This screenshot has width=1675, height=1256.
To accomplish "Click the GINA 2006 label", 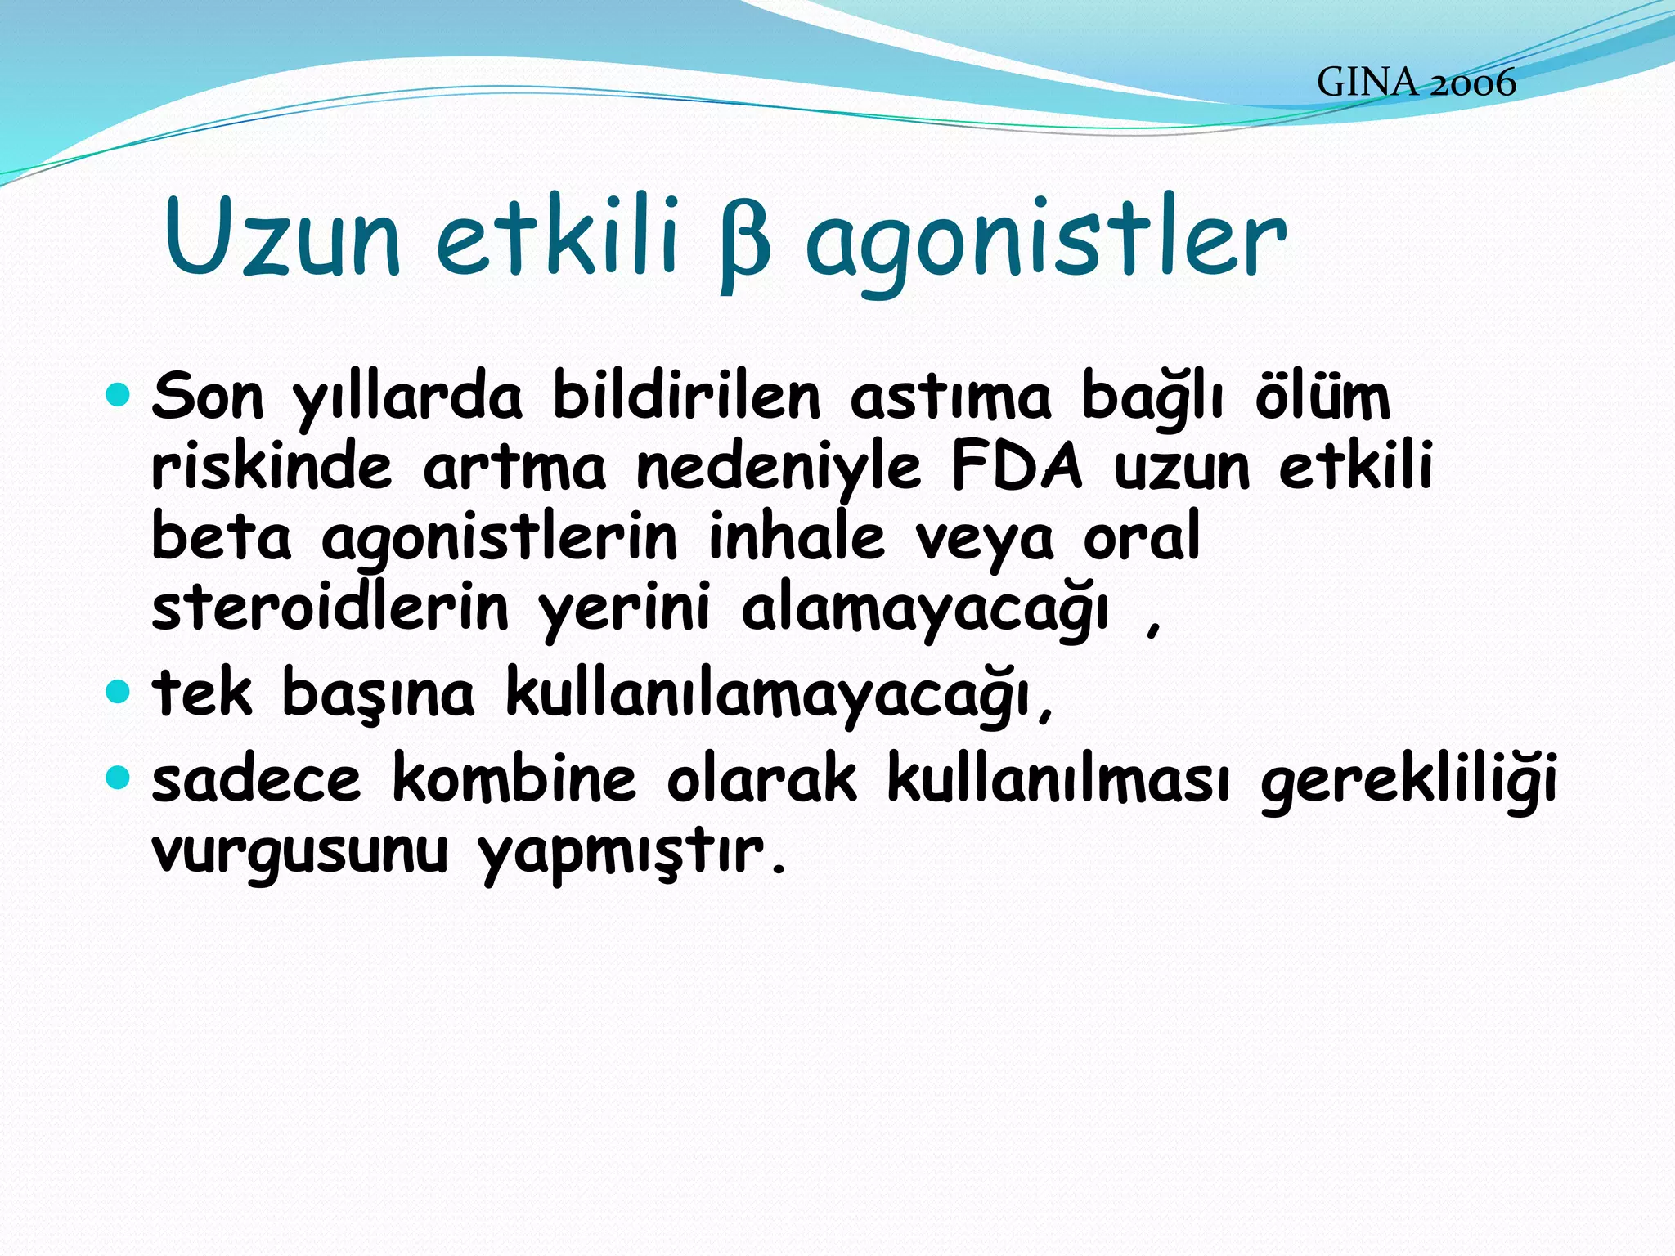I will click(x=1416, y=83).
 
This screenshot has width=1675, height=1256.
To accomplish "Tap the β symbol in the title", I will click(x=744, y=244).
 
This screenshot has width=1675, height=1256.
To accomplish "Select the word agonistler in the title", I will click(x=1045, y=241).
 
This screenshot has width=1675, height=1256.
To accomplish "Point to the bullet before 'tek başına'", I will click(x=119, y=693).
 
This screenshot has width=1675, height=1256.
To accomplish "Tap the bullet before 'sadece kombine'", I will click(x=119, y=777).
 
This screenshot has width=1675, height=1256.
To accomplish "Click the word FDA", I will click(x=1016, y=466).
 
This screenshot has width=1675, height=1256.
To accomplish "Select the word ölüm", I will click(x=1322, y=397).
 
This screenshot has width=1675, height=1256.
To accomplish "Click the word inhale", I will click(x=797, y=537).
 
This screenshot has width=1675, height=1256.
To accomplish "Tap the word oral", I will click(x=1142, y=537).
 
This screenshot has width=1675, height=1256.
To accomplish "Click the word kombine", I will click(x=514, y=778).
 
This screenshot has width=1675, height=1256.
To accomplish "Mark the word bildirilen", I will click(x=686, y=397).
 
